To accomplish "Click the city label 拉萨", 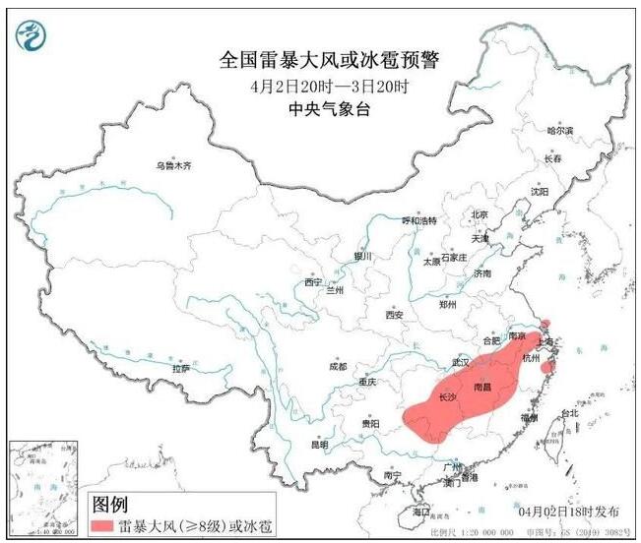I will tap(181, 368).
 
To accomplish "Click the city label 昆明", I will tap(319, 444).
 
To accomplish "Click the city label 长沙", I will tap(444, 397).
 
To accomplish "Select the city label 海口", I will tap(421, 512).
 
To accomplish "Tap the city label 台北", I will tap(570, 413).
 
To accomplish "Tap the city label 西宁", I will tap(313, 281).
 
